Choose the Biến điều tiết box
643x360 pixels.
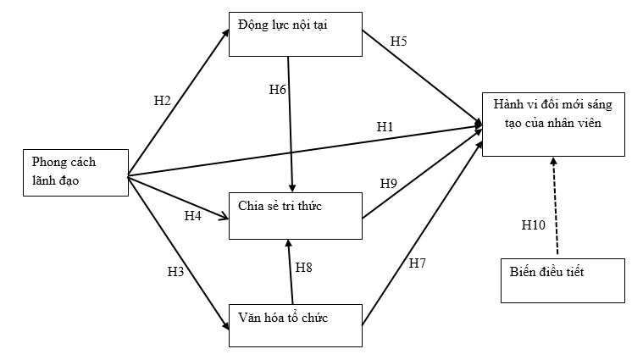[x=563, y=280]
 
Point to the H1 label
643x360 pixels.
[x=385, y=127]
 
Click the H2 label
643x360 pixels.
[x=162, y=101]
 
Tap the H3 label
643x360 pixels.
[x=176, y=273]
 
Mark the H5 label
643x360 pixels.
[x=399, y=41]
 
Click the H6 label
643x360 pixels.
[x=278, y=90]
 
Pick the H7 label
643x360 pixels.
[x=417, y=264]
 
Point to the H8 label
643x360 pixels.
[x=304, y=268]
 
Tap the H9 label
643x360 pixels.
[x=388, y=183]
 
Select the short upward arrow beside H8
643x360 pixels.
[x=291, y=271]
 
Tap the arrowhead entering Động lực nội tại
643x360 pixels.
[x=226, y=33]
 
